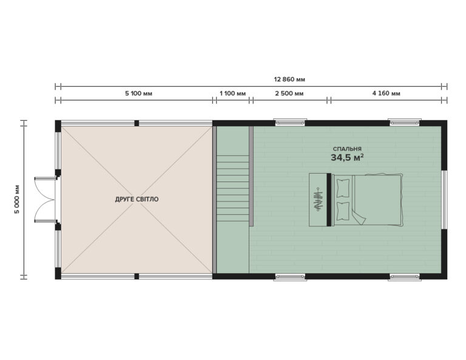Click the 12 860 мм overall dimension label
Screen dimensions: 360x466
click(x=289, y=79)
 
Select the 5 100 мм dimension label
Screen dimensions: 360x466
click(x=138, y=93)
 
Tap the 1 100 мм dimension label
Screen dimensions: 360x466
click(x=232, y=93)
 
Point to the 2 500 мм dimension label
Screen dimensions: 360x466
click(x=289, y=93)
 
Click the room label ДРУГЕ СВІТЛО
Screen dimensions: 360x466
click(x=137, y=199)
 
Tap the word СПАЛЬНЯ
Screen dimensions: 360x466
click(x=347, y=149)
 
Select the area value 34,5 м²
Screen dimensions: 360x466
click(x=347, y=158)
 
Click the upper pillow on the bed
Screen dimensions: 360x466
click(x=343, y=187)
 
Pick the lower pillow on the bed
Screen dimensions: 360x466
click(x=343, y=212)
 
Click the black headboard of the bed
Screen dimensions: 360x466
click(x=329, y=200)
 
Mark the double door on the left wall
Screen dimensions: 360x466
click(x=45, y=199)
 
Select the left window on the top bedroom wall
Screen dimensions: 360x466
click(x=290, y=122)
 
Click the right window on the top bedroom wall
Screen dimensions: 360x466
click(x=404, y=122)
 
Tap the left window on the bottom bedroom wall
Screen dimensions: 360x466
click(x=290, y=277)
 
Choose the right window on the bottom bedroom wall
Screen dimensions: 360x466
click(x=404, y=277)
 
